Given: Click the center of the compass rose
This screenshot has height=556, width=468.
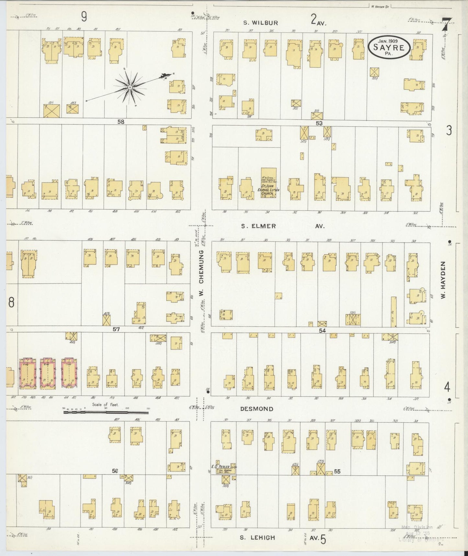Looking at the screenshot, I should click(129, 87).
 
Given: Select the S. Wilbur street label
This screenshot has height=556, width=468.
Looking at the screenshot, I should click(260, 23).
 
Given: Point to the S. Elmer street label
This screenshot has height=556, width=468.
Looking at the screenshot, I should click(258, 226).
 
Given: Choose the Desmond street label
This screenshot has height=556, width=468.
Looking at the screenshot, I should click(257, 409).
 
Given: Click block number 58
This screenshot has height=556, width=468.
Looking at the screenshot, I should click(121, 122).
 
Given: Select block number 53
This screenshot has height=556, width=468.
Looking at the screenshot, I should click(319, 123).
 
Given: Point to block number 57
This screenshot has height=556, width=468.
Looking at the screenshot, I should click(116, 329).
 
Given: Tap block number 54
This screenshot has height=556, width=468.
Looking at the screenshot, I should click(322, 330).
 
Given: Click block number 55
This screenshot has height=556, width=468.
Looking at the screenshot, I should click(337, 471).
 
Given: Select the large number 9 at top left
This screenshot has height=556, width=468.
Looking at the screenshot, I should click(84, 17).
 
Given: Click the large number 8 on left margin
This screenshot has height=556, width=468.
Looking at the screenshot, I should click(11, 302).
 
